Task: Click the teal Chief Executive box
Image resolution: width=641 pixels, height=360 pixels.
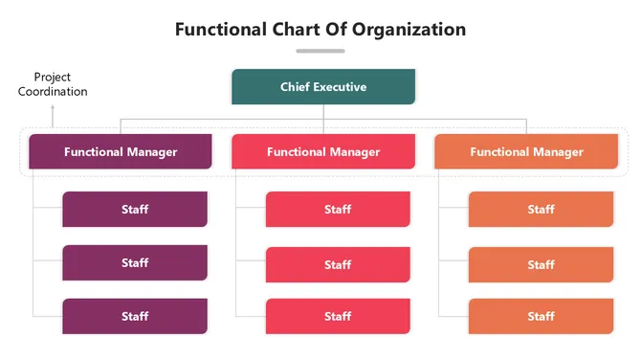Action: pyautogui.click(x=323, y=87)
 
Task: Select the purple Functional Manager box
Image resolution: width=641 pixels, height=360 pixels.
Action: pyautogui.click(x=121, y=151)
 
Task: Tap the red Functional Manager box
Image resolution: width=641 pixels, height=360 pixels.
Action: pyautogui.click(x=323, y=151)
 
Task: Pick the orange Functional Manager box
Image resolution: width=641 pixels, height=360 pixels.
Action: pyautogui.click(x=526, y=151)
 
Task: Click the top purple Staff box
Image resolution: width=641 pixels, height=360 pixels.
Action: pyautogui.click(x=135, y=209)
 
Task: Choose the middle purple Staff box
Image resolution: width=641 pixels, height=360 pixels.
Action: pyautogui.click(x=135, y=262)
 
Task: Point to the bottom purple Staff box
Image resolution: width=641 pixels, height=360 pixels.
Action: pyautogui.click(x=135, y=316)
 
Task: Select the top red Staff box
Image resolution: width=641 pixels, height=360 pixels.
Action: pyautogui.click(x=338, y=210)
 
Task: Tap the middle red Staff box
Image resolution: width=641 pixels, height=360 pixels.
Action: pyautogui.click(x=338, y=264)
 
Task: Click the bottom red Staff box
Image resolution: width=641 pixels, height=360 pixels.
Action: pyautogui.click(x=338, y=316)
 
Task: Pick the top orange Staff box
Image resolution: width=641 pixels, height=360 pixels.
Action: pyautogui.click(x=541, y=210)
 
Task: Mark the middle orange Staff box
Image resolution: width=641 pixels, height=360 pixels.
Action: pyautogui.click(x=541, y=264)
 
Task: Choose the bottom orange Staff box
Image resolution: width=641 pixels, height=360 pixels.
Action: pyautogui.click(x=541, y=316)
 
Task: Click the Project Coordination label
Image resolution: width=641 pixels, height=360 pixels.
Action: pyautogui.click(x=53, y=84)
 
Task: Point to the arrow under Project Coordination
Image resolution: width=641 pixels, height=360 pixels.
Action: pyautogui.click(x=53, y=116)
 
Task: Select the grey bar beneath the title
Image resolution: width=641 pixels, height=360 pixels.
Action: pyautogui.click(x=320, y=51)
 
